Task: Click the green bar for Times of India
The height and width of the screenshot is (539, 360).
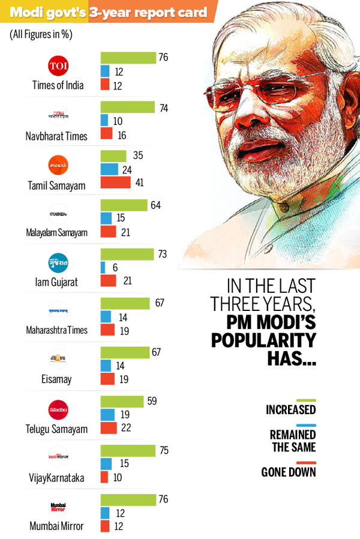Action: tap(127, 57)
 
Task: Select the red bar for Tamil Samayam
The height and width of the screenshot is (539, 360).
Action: tap(115, 182)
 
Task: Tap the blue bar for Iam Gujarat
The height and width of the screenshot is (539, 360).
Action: tap(103, 268)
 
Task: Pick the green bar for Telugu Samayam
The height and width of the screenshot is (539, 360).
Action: tap(122, 400)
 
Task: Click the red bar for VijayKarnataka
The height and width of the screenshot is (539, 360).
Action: tap(104, 477)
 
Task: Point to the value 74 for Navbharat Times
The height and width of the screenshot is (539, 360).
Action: tap(163, 108)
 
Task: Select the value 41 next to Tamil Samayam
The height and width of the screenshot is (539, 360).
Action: tap(139, 183)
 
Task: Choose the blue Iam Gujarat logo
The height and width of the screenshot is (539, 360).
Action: tap(58, 263)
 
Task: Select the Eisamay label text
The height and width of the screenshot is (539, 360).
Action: tap(58, 379)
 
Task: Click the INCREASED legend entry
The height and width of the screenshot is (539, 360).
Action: tap(291, 411)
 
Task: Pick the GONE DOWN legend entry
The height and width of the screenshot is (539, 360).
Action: tap(289, 472)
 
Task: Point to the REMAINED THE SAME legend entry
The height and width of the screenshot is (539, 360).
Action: tap(292, 441)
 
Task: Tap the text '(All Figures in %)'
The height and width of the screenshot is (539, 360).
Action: tap(41, 35)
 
